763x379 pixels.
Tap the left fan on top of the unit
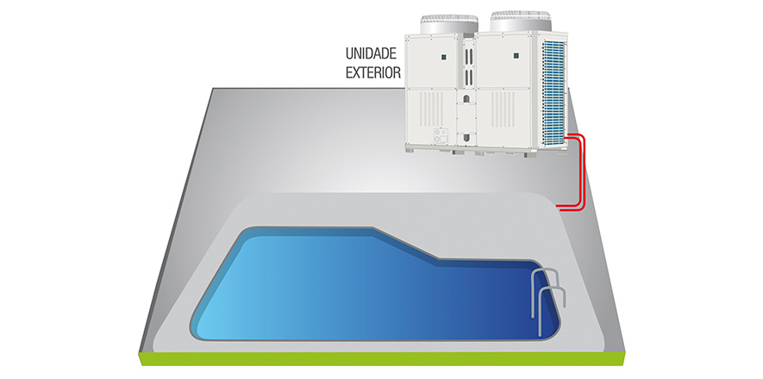tap(447, 23)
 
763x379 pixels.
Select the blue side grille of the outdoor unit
tap(554, 86)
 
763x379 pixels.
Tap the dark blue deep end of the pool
tap(483, 301)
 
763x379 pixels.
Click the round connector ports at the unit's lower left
tap(439, 137)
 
